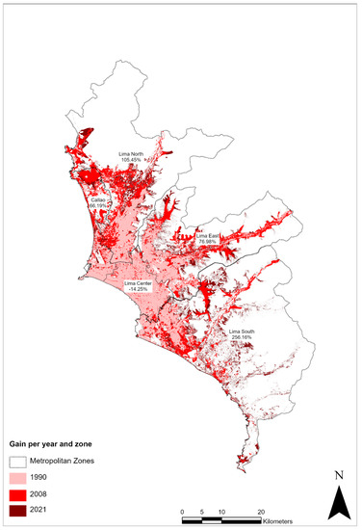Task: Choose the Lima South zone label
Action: click(x=241, y=331)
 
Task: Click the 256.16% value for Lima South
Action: click(x=241, y=338)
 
